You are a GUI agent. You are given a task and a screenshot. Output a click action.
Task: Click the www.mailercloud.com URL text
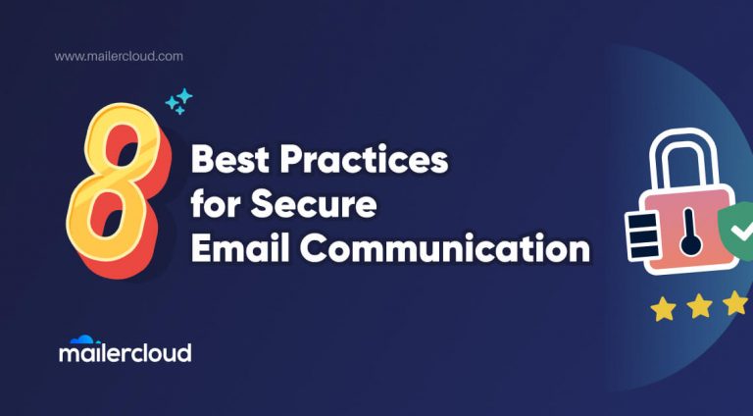[x=119, y=57]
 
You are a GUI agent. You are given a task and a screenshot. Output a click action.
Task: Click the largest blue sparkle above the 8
[x=183, y=98]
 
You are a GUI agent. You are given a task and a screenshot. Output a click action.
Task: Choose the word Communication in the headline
[x=440, y=250]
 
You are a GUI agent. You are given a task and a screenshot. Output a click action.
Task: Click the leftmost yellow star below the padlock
[x=664, y=310]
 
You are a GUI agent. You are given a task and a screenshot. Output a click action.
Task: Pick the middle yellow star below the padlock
[x=700, y=307]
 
